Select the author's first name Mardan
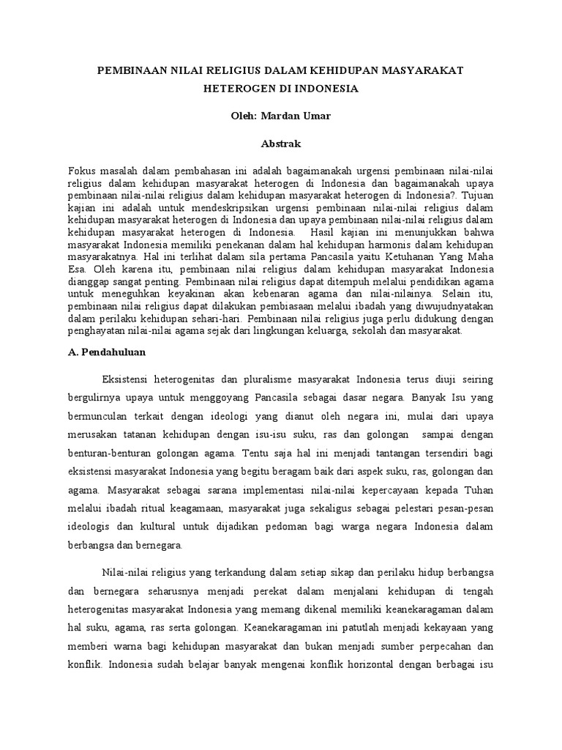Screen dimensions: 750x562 [x=272, y=116]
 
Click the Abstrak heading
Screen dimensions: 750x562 [x=280, y=144]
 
